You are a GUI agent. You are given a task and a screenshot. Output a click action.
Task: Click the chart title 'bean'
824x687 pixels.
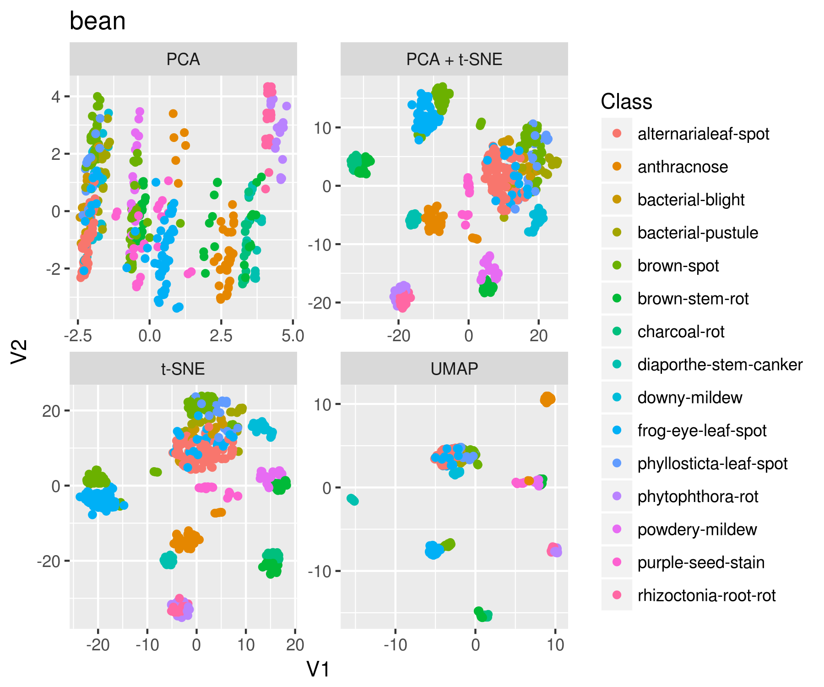point(98,22)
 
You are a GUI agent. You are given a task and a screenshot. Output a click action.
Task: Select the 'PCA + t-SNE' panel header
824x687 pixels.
point(454,60)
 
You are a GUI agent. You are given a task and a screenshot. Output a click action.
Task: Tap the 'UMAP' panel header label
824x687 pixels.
point(454,369)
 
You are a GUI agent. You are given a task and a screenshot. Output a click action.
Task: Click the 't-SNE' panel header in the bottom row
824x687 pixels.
point(183,369)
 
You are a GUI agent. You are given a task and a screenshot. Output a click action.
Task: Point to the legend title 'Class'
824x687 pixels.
point(626,102)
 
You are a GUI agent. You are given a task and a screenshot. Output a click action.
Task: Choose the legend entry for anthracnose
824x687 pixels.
point(683,167)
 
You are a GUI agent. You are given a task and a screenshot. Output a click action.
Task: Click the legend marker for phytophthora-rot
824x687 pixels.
point(617,496)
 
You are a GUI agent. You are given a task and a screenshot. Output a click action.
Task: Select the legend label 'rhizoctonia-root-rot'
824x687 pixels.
point(706,595)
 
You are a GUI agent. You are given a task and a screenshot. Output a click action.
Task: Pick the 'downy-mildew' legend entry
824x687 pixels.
point(689,398)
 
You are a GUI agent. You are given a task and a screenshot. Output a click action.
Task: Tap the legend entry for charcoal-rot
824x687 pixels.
point(681,332)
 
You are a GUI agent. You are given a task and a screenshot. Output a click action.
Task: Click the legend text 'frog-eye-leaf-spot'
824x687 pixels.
point(702,431)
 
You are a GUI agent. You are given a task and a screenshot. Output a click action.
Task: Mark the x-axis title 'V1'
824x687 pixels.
point(318,669)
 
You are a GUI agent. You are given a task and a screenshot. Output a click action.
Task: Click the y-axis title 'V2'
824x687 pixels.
point(20,352)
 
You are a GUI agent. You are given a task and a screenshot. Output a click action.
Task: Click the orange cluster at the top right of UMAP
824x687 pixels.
point(548,399)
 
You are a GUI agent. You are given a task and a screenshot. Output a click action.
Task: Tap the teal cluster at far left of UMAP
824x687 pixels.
point(352,500)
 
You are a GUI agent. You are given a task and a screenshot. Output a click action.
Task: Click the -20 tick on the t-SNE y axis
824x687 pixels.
point(49,561)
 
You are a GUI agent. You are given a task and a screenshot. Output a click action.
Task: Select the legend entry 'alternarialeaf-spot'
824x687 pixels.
point(703,134)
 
